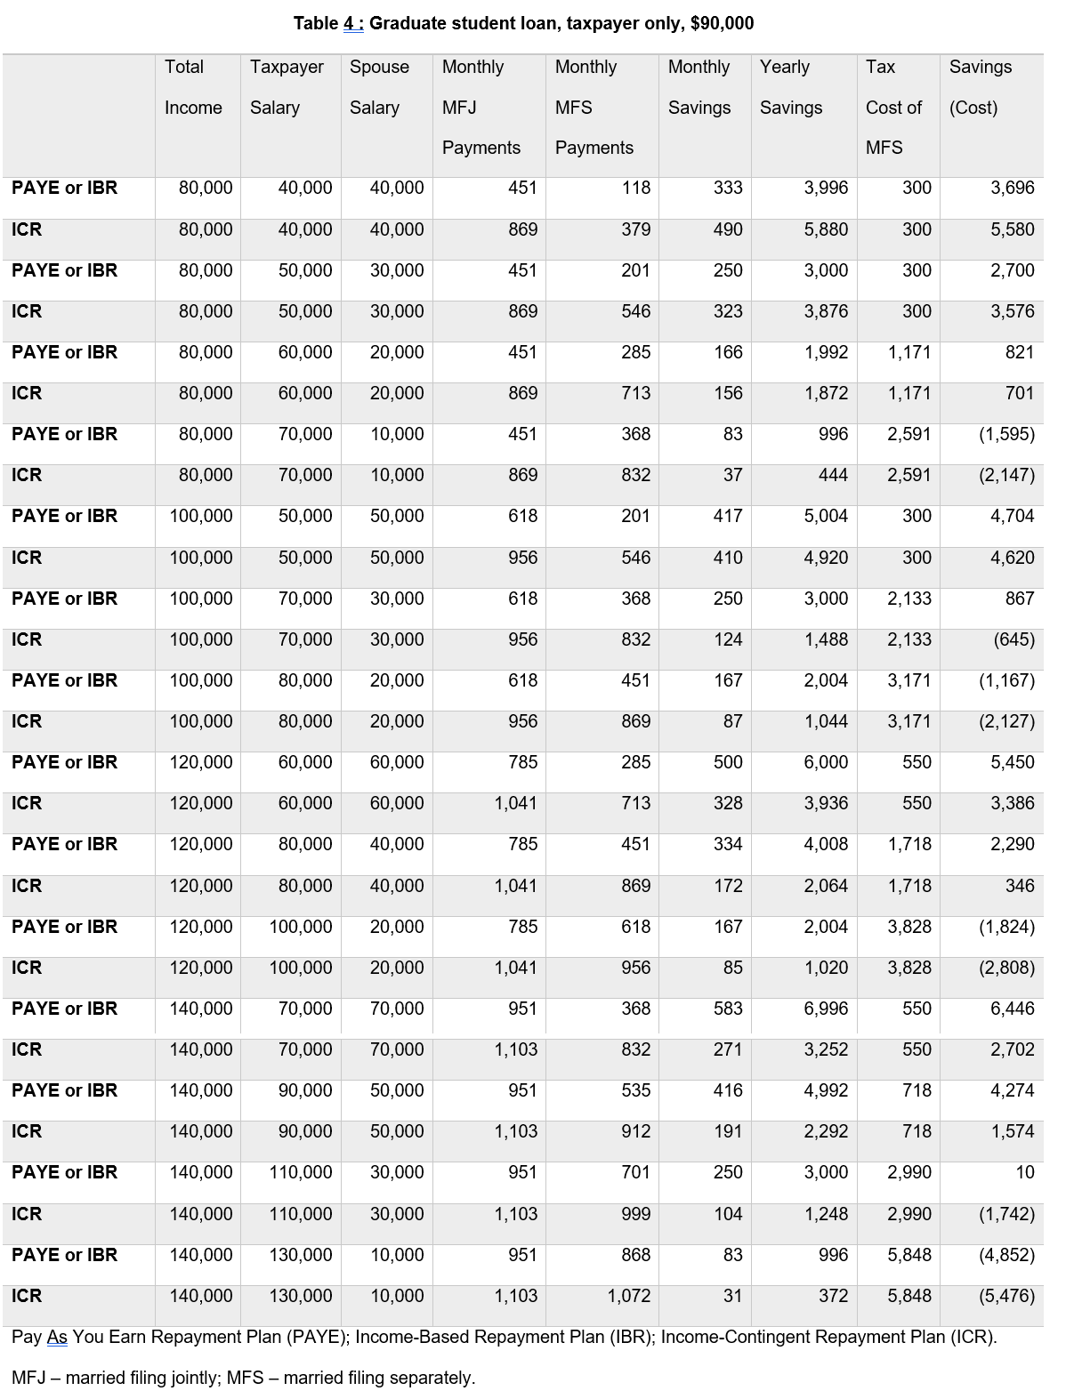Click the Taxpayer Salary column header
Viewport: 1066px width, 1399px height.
[x=287, y=87]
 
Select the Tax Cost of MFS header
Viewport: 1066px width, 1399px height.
[x=893, y=107]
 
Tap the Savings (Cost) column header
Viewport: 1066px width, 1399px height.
[x=980, y=87]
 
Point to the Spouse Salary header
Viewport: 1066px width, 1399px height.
[x=379, y=87]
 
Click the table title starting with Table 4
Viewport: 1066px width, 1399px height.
[x=523, y=23]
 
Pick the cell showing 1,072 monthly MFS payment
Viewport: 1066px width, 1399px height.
[x=628, y=1296]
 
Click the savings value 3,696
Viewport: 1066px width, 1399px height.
[x=1012, y=188]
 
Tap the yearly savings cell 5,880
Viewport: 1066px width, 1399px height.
[x=826, y=229]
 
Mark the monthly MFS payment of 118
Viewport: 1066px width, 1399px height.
[x=635, y=188]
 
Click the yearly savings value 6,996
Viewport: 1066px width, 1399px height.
[x=826, y=1009]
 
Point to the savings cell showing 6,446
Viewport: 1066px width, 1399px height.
[x=1012, y=1009]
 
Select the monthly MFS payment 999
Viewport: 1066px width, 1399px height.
[x=635, y=1214]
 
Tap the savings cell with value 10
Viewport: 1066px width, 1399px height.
[x=1024, y=1172]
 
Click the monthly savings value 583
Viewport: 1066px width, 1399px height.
[x=728, y=1009]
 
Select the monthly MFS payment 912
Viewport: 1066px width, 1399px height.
[x=635, y=1131]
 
